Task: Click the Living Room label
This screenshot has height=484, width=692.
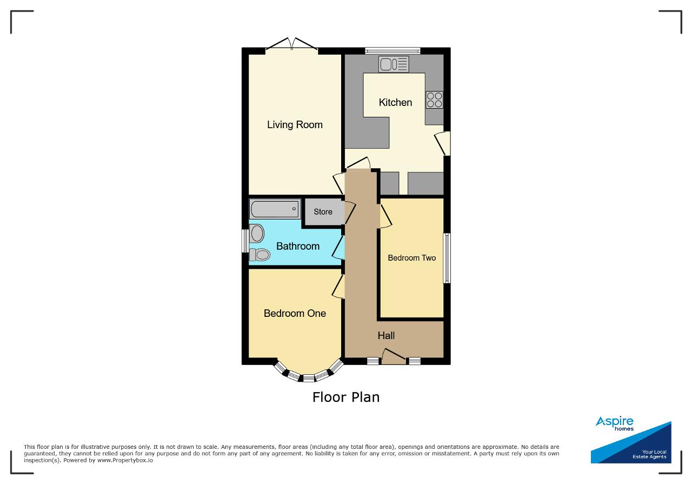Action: click(x=295, y=125)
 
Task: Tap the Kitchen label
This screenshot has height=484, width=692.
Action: click(x=395, y=103)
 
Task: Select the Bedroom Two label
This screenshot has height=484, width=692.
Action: click(x=412, y=258)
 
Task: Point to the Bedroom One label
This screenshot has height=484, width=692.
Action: click(x=295, y=314)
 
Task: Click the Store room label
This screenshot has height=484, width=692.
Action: click(x=323, y=211)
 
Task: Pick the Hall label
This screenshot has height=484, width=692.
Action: click(x=386, y=336)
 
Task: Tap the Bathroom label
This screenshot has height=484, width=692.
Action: click(x=298, y=247)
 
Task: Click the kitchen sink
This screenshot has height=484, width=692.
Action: click(x=394, y=64)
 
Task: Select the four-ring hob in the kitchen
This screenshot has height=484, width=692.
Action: click(x=434, y=100)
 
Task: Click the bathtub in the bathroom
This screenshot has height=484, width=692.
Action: click(x=275, y=209)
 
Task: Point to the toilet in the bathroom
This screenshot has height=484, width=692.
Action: click(x=260, y=255)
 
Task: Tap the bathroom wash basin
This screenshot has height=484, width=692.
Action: click(x=257, y=233)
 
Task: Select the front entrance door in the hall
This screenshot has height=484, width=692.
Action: click(x=394, y=357)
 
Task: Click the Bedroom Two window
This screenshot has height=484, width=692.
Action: click(x=447, y=258)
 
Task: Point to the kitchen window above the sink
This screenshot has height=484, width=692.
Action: click(x=392, y=51)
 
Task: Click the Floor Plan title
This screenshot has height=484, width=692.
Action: click(x=346, y=397)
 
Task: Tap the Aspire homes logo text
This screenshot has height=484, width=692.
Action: click(x=615, y=423)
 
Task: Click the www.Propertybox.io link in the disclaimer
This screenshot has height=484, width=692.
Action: click(x=125, y=460)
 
